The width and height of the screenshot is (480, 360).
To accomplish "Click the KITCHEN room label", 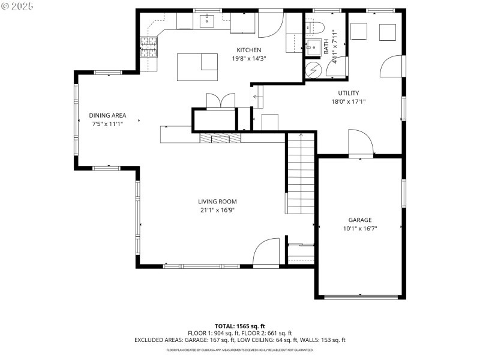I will [248, 50].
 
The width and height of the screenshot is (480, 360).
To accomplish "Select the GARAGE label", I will [360, 220].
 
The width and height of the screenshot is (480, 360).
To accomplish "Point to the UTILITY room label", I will [348, 93].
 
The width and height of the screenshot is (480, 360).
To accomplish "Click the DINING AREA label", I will [107, 115].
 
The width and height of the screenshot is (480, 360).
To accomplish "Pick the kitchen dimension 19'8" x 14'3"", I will [248, 58].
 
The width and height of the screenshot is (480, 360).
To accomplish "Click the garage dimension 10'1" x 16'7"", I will [360, 228].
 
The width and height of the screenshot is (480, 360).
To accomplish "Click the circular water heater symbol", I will [313, 70].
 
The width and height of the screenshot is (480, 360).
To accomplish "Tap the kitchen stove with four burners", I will [148, 47].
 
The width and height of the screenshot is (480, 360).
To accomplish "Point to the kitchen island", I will [197, 67].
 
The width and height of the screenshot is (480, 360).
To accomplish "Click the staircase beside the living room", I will [299, 174].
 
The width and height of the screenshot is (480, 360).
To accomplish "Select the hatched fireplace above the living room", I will [220, 138].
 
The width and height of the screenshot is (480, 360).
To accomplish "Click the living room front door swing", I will [266, 252].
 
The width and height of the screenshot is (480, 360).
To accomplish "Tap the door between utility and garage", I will [361, 144].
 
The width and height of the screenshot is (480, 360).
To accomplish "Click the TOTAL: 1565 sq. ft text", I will [239, 326].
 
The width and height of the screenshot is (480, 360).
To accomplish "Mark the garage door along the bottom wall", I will [359, 296].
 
